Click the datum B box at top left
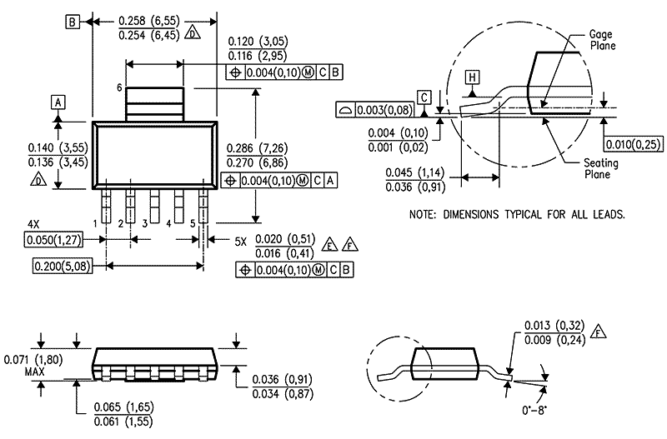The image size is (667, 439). (x=73, y=22)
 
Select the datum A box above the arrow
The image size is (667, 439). (x=58, y=102)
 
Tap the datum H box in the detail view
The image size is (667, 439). (x=472, y=77)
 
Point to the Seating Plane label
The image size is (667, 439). (x=600, y=168)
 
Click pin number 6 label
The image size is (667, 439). (x=119, y=87)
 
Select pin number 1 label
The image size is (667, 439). (x=96, y=223)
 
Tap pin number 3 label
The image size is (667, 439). (x=144, y=223)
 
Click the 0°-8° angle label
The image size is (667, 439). (x=534, y=411)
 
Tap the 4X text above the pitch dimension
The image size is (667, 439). (x=33, y=224)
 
